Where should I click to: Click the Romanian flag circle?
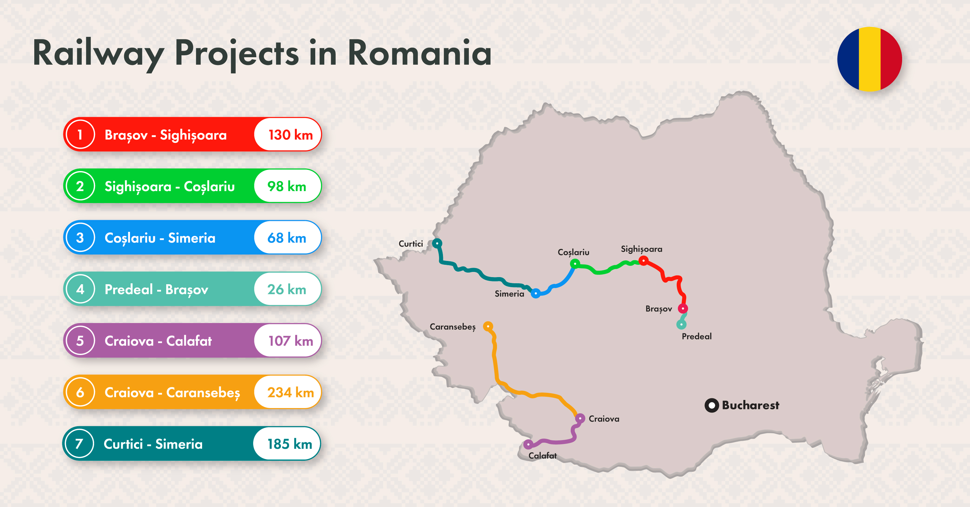click(x=869, y=59)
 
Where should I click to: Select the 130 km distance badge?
click(x=288, y=135)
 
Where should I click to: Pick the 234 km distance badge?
click(x=288, y=392)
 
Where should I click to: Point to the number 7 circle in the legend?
click(x=79, y=444)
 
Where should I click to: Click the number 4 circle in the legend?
click(x=80, y=289)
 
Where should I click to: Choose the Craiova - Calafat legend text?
click(x=158, y=341)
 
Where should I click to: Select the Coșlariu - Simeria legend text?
click(x=160, y=238)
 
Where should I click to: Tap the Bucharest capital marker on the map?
click(x=711, y=405)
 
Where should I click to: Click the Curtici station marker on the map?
click(x=437, y=243)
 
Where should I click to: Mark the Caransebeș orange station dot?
click(x=488, y=326)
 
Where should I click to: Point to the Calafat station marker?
click(x=528, y=445)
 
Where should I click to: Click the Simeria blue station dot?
click(x=535, y=293)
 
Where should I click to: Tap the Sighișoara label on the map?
click(x=641, y=249)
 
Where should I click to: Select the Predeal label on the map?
click(x=696, y=336)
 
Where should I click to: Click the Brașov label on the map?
click(x=658, y=309)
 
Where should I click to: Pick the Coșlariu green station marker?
click(x=575, y=264)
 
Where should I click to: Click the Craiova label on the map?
click(x=604, y=419)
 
